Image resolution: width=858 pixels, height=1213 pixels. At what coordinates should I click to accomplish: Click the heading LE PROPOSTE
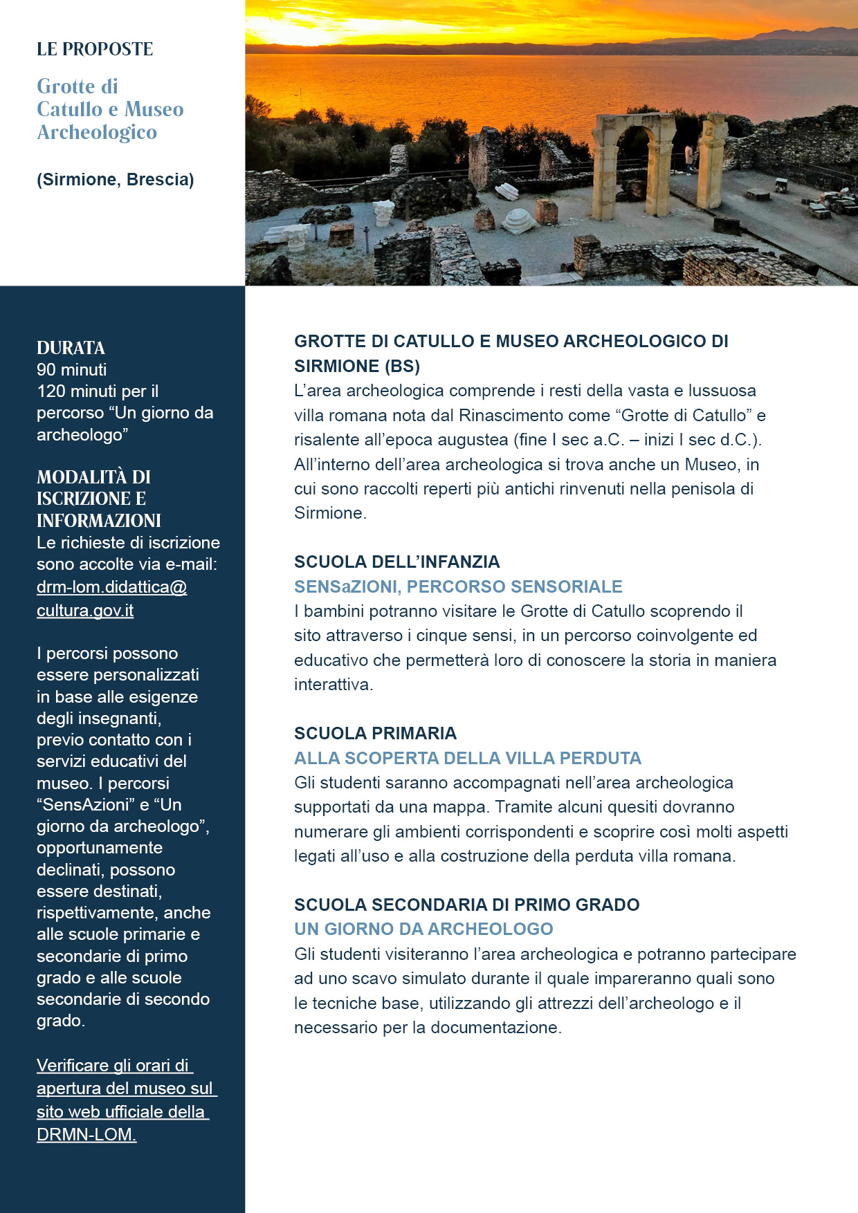(95, 49)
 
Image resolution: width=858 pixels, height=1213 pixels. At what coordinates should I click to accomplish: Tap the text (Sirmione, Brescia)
(115, 180)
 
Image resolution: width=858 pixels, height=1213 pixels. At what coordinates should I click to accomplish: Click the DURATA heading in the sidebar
(71, 348)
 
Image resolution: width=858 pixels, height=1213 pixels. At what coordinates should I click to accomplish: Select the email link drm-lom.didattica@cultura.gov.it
(111, 598)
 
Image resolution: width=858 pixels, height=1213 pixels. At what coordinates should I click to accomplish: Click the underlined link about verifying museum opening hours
(126, 1100)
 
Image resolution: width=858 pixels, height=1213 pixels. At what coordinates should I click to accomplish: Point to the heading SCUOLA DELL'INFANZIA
(396, 562)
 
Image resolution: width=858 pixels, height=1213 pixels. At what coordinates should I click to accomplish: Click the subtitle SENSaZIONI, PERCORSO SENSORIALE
(457, 586)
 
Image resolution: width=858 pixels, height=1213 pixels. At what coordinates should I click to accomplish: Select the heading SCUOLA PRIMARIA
(375, 733)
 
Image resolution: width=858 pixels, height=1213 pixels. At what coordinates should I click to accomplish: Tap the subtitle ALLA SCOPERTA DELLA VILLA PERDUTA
(467, 758)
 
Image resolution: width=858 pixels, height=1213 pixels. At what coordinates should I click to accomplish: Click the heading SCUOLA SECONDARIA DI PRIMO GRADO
(466, 905)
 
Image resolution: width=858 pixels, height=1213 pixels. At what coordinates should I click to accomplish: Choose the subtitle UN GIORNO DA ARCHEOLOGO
(423, 929)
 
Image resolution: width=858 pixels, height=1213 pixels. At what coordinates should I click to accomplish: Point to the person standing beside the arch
(688, 159)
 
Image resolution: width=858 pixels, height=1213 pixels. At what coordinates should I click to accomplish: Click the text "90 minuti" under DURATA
(72, 369)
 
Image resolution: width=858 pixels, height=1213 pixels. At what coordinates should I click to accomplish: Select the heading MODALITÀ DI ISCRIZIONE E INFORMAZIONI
(98, 499)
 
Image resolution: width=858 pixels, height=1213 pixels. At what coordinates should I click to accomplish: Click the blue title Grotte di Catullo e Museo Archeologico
(109, 109)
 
